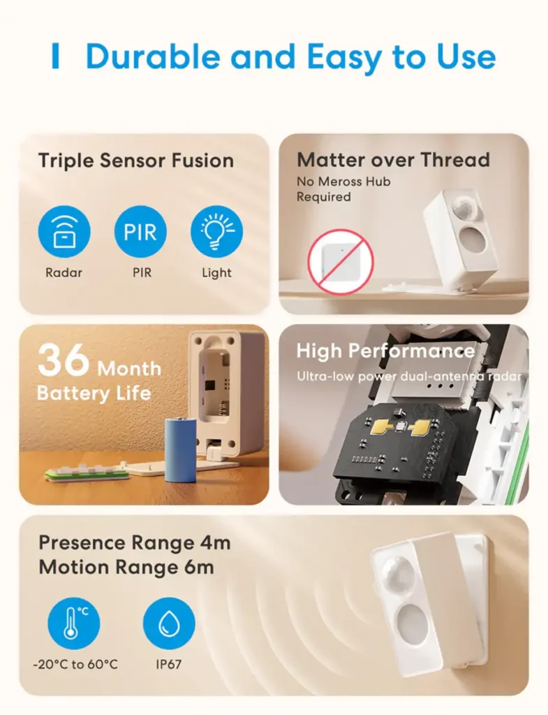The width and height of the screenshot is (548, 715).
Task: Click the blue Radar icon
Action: point(64,232)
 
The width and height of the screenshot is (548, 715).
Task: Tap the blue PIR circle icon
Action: point(140,232)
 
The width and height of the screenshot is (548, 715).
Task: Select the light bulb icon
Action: point(216,232)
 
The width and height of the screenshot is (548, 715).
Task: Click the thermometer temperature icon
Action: point(73,623)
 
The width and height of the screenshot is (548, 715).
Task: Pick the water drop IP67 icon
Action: point(169,623)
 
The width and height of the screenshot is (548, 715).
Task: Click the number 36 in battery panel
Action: point(64,361)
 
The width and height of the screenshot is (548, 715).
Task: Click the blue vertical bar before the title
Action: point(56,57)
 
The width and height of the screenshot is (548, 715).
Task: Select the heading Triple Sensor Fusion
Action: point(135,161)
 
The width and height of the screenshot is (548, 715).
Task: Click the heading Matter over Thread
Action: point(393,160)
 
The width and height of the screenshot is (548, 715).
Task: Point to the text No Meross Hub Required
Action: point(343,189)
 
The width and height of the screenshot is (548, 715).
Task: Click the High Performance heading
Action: point(385,351)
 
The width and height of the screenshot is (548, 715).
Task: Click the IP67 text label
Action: point(168,664)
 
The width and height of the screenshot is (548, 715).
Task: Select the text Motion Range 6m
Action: point(126,567)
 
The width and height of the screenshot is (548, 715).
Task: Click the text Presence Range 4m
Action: point(134,543)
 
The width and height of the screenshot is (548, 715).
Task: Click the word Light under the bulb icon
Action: point(216,273)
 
